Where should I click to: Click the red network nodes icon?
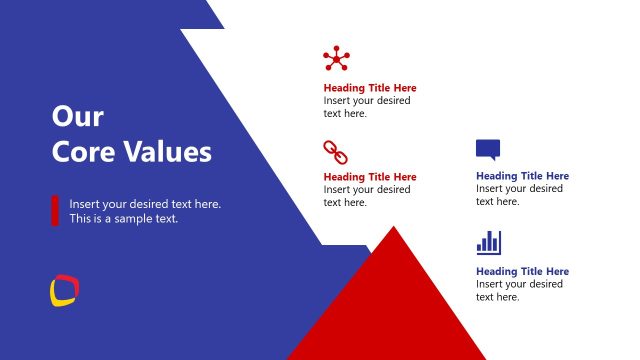click(336, 59)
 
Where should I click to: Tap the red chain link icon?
click(334, 152)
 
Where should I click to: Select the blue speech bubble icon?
click(487, 150)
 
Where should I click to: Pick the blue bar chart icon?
click(488, 243)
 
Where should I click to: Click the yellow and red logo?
click(64, 290)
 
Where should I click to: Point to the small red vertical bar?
click(55, 210)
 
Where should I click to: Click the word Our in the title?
click(77, 117)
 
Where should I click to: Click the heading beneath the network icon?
click(370, 88)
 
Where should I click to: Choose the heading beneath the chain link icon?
click(370, 177)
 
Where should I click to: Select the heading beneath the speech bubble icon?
click(522, 176)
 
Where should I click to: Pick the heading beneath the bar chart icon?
click(522, 271)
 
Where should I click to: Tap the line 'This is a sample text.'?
click(123, 218)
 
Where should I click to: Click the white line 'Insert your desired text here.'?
click(145, 204)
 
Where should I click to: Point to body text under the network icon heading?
click(366, 107)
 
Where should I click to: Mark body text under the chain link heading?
click(366, 196)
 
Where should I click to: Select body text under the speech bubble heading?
click(518, 195)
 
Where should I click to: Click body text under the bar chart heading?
click(518, 290)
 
